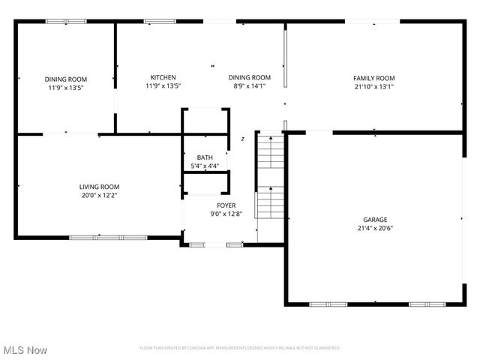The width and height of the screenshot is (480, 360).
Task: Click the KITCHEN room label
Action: point(163,77)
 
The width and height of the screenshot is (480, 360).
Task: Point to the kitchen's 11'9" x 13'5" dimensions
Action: point(163,86)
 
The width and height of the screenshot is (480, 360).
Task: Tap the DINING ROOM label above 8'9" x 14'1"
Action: point(249,77)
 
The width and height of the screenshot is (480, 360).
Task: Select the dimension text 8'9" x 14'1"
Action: point(249,86)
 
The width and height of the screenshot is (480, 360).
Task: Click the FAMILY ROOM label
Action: point(373,78)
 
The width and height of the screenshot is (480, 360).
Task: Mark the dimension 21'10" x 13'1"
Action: point(373,87)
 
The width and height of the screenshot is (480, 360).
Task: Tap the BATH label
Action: point(205,157)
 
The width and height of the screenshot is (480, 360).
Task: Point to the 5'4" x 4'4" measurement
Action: point(205,166)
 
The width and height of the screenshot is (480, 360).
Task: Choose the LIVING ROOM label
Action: point(100,187)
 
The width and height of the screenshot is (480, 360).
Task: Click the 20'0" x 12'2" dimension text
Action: point(100,196)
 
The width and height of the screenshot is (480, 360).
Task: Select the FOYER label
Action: point(226,205)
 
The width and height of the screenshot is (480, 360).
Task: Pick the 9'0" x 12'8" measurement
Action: point(226,214)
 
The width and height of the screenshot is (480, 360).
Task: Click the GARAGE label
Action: point(373,220)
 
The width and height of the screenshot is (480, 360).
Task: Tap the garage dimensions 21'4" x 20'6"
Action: point(373,229)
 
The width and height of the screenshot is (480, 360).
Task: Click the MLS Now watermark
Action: point(25,350)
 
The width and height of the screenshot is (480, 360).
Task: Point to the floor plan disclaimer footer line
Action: point(240,348)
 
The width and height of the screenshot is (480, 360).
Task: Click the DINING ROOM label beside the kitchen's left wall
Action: point(66,79)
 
